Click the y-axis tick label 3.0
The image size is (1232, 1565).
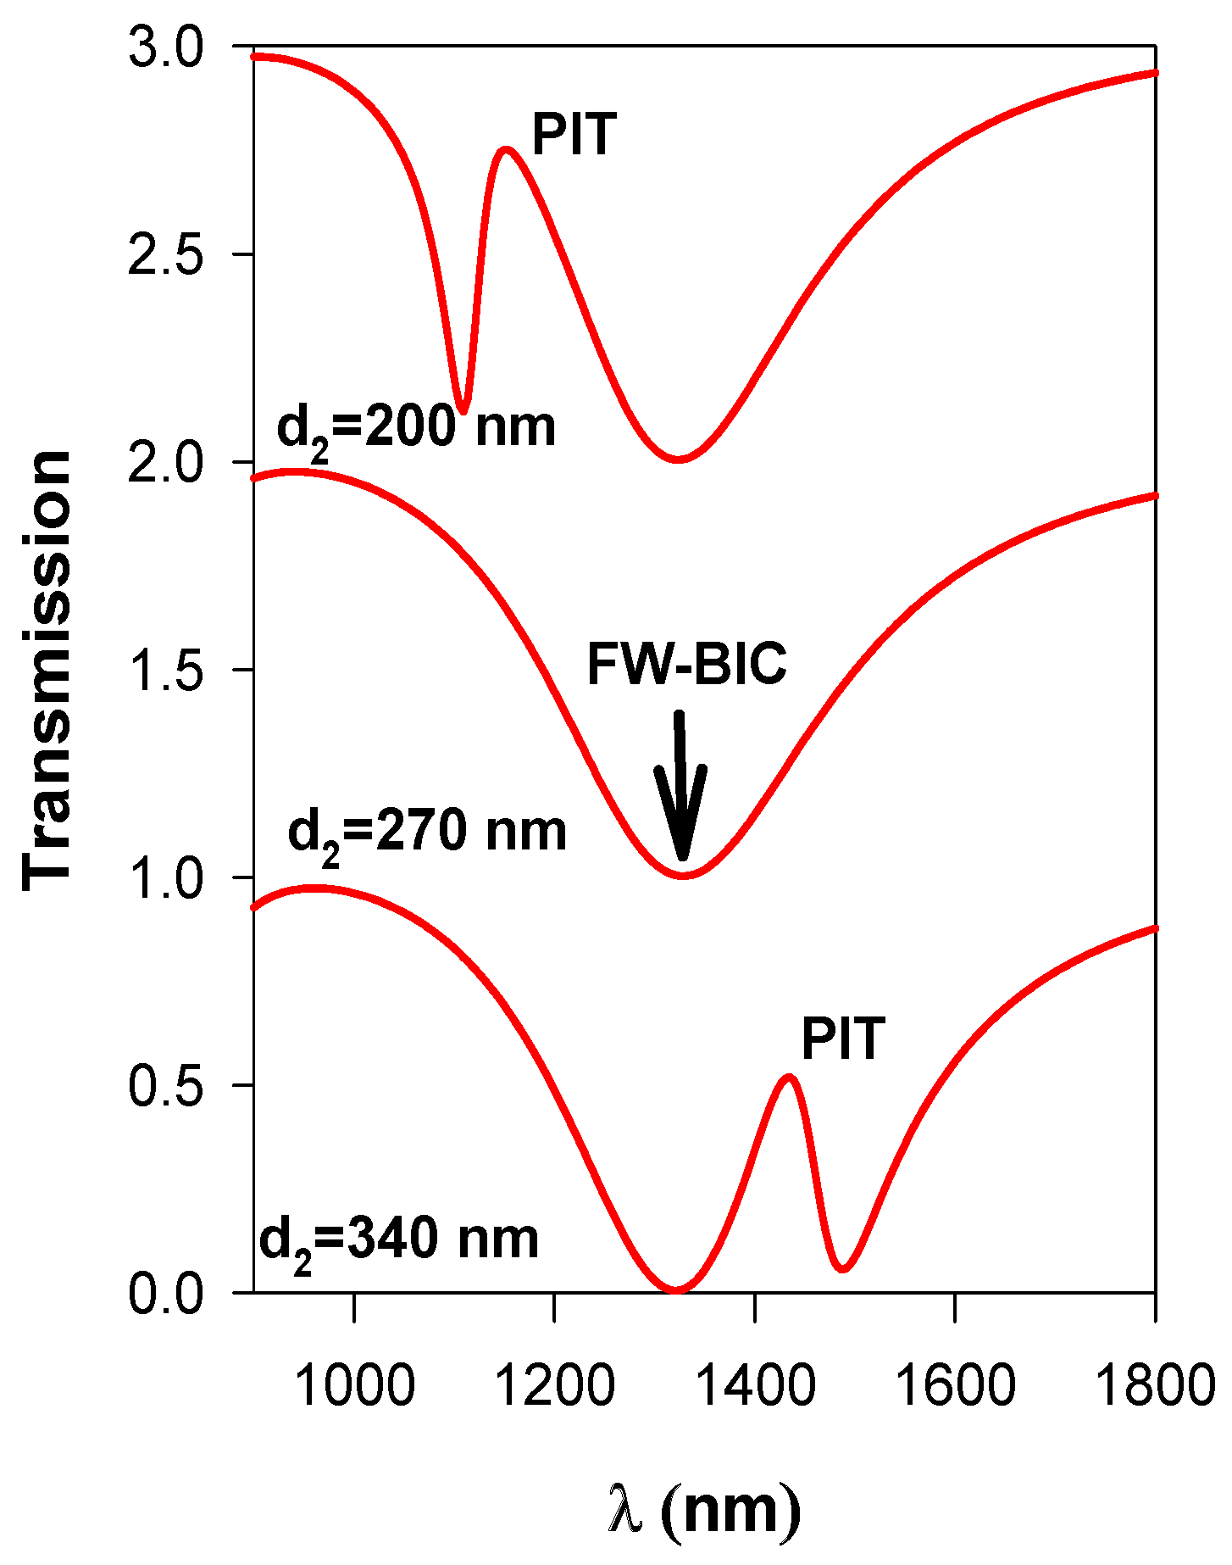166,47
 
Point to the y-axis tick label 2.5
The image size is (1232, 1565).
166,254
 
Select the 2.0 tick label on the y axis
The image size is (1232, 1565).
166,463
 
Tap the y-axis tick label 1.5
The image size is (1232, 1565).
166,670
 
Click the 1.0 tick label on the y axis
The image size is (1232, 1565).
166,877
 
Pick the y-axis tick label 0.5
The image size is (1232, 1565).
166,1085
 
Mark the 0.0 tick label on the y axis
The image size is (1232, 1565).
166,1294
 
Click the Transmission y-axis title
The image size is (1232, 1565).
47,670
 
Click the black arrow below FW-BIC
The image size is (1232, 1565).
680,788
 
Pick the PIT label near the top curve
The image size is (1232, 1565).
573,134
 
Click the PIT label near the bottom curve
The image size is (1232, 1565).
843,1039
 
